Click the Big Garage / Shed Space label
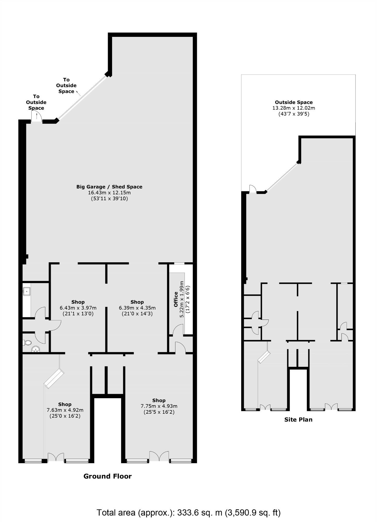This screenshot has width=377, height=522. pos(109,187)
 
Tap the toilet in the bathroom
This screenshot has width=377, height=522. pos(27,342)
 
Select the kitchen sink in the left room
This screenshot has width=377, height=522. pos(26,292)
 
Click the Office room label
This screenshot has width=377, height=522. pos(176,299)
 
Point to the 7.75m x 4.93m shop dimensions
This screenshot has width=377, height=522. pos(159,406)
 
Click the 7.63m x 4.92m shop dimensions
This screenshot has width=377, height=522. pos(65,410)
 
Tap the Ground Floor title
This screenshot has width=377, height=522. pos(107,476)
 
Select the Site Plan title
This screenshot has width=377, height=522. pos(298,420)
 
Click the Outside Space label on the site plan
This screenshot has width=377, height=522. pos(294,102)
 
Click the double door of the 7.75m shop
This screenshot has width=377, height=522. pos(159,456)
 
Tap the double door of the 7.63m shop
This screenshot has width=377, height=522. pos(56,457)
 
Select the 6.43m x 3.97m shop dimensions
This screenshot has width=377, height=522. pos(78,308)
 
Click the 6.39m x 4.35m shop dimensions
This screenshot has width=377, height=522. pos(137,308)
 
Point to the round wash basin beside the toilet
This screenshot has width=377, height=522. pos(36,349)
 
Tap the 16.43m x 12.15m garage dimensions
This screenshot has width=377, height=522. pos(109,193)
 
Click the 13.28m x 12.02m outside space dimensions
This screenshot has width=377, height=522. pos(294,108)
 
